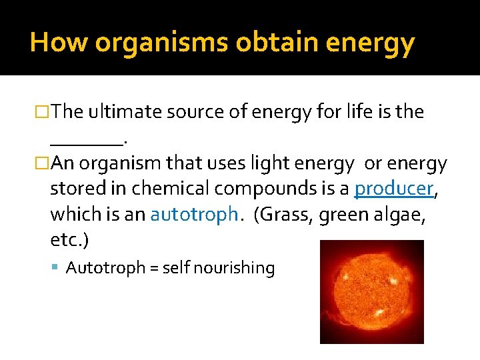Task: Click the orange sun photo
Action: pos(371,291)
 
